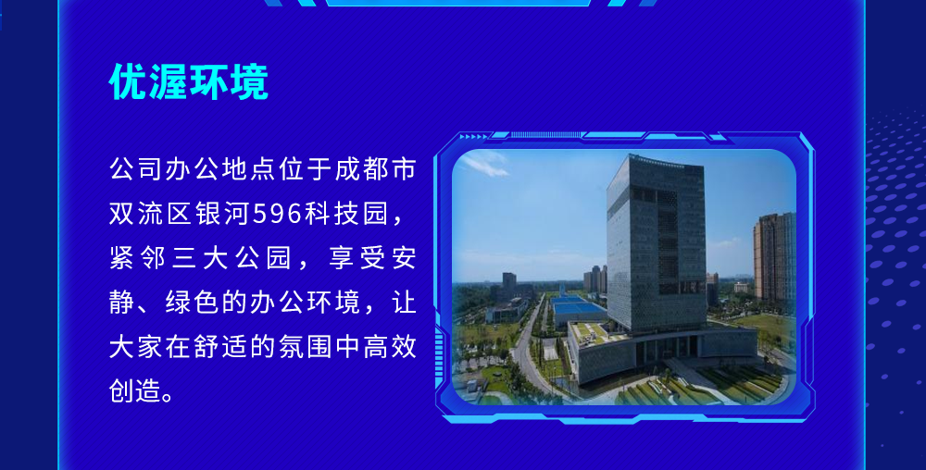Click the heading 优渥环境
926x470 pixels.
(x=189, y=82)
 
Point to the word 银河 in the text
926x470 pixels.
(x=222, y=214)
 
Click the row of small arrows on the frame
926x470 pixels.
(x=473, y=137)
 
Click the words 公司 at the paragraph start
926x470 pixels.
(x=136, y=169)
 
